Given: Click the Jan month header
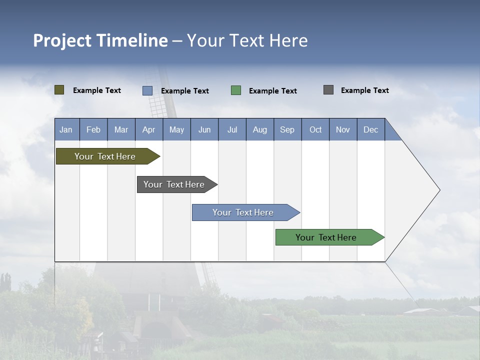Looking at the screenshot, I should (x=66, y=129).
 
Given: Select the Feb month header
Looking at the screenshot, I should (x=93, y=129).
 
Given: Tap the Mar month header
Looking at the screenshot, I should (x=121, y=129).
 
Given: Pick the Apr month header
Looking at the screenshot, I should (x=149, y=129).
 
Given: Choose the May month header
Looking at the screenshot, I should (x=176, y=129).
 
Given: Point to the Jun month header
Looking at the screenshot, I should (x=204, y=129).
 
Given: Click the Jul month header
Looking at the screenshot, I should (x=232, y=129).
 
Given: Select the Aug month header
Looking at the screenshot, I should (x=260, y=129).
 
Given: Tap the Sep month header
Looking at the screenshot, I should (x=287, y=129).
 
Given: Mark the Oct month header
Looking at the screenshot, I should (x=315, y=129).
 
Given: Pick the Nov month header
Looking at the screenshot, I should (x=343, y=129).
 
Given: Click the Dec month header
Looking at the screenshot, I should (x=371, y=129).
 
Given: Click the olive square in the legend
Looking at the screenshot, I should (x=59, y=90).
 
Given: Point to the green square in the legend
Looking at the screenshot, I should (x=236, y=90).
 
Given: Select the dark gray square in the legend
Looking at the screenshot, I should (x=328, y=90).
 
